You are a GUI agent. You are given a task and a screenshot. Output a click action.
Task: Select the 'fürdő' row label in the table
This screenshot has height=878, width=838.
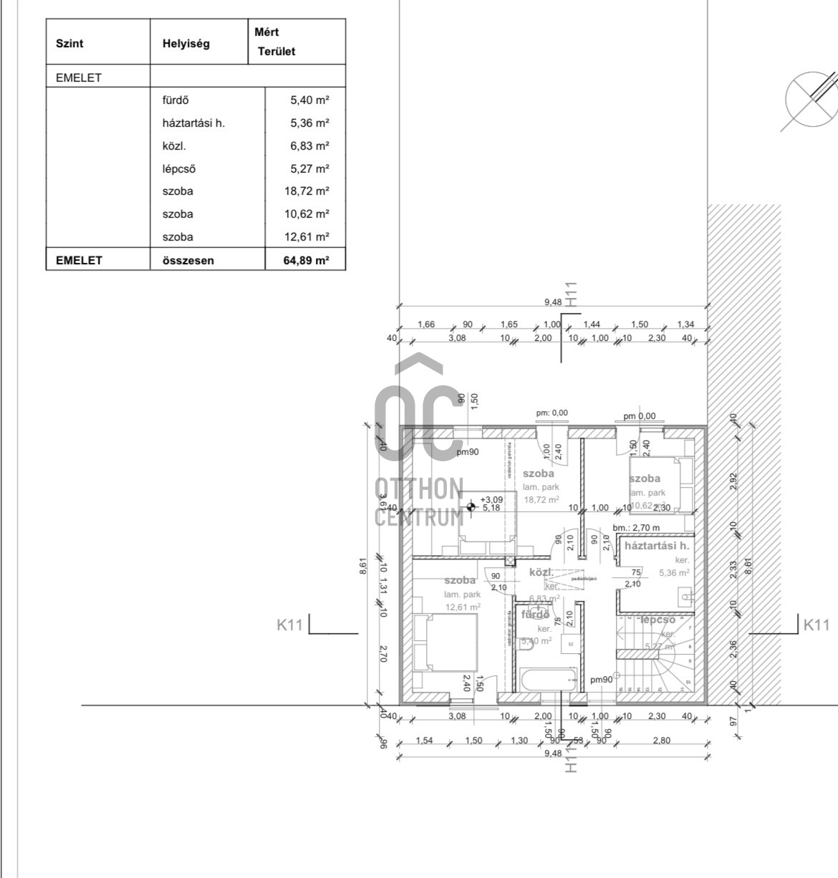175,100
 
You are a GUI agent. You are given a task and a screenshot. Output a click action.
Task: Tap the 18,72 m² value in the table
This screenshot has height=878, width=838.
307,191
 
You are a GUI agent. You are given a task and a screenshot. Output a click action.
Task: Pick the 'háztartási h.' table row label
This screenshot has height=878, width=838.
193,123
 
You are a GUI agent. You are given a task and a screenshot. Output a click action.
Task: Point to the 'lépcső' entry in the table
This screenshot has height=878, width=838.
178,169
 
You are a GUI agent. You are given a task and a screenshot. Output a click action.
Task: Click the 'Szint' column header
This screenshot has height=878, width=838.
69,44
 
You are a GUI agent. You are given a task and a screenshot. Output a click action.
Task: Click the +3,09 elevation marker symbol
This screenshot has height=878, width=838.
471,507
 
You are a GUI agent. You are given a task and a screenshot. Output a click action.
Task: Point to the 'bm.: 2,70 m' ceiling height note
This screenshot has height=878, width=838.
636,528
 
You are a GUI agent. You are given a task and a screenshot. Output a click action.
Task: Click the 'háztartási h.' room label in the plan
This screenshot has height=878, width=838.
657,546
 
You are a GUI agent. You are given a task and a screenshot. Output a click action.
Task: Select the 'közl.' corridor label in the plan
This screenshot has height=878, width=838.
541,572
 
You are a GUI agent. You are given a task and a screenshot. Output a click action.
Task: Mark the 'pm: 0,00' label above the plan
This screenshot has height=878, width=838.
552,413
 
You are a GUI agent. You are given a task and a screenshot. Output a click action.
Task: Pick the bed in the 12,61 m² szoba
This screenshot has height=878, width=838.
445,643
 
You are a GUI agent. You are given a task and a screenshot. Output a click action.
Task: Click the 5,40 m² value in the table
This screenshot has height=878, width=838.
309,100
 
